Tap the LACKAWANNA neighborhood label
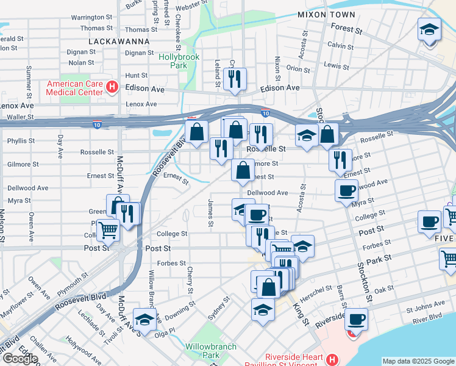point(119,41)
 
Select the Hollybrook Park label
point(179,60)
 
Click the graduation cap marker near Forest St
point(429,29)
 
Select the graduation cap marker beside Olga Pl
point(144,318)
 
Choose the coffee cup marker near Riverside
point(356,318)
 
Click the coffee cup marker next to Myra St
point(346,190)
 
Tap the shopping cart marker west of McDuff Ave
point(109,231)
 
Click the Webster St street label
point(191,5)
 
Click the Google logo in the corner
point(20,359)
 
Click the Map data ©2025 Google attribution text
point(418,361)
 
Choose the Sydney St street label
point(219,308)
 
